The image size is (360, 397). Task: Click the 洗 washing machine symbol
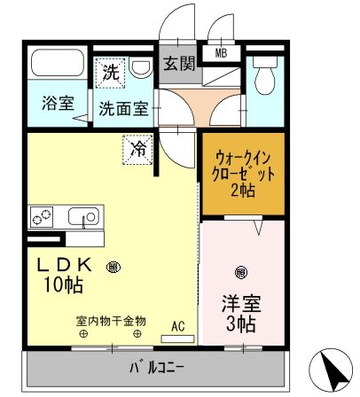[x=111, y=72]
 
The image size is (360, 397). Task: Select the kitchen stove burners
[x=43, y=215]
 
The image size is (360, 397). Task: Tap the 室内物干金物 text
[x=110, y=321]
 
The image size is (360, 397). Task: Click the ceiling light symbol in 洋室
[x=239, y=271]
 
